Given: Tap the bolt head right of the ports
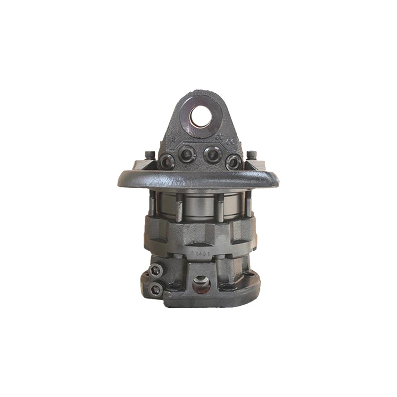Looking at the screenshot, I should [x=251, y=155].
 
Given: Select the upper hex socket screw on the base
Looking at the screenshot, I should [x=156, y=271].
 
